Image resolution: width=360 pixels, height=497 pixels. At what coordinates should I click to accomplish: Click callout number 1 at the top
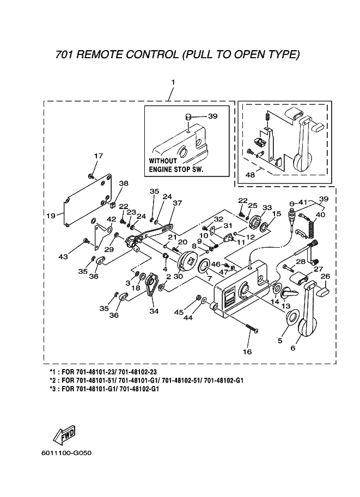click(173, 82)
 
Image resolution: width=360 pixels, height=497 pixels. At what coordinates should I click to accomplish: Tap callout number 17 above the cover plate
click(98, 156)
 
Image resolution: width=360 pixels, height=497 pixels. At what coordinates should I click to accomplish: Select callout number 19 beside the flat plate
click(51, 216)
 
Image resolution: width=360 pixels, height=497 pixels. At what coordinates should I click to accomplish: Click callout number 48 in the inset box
click(251, 175)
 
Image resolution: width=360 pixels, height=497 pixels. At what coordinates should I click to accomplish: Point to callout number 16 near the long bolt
click(247, 352)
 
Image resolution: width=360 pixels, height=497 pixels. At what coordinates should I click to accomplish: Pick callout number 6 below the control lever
click(293, 348)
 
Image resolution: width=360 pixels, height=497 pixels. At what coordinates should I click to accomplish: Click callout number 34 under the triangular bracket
click(154, 311)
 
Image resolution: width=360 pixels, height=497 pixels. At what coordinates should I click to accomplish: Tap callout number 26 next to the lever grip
click(325, 276)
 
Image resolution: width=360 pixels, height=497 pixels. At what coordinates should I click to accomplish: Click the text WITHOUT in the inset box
click(163, 161)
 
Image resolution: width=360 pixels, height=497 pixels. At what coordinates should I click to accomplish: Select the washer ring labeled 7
click(206, 266)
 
